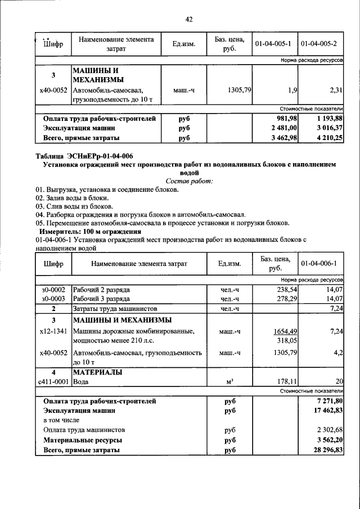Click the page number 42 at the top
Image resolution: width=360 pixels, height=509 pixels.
click(190, 20)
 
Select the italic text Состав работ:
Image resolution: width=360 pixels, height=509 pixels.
click(190, 181)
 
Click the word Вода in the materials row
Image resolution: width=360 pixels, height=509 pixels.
click(82, 382)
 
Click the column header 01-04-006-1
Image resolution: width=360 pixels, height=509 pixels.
click(319, 263)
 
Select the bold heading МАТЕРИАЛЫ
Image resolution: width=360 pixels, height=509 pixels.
click(97, 372)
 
